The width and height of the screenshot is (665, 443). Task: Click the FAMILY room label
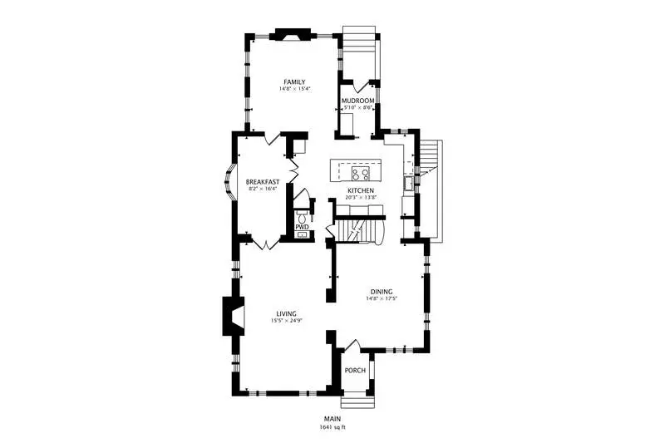point(294,81)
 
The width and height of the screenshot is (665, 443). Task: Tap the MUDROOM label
point(358,101)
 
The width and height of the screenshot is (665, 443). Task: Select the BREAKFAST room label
point(263,182)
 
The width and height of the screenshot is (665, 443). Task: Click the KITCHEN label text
point(361,191)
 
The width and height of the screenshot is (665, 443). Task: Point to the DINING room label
point(382,292)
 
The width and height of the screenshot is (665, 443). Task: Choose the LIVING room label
point(286,313)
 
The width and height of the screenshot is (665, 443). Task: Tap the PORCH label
point(355,371)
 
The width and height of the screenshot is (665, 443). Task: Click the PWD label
point(302,228)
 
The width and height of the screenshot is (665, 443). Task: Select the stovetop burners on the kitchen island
point(361,173)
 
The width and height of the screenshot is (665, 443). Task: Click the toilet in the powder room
point(302,218)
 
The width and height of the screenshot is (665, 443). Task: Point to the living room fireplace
point(234,315)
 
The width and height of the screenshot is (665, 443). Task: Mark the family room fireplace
point(293,34)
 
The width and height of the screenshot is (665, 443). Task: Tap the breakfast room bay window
point(229,182)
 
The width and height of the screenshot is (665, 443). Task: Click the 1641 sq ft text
point(332,427)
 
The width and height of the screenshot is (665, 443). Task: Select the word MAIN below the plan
point(332,419)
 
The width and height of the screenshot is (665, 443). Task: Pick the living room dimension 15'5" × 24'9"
point(286,321)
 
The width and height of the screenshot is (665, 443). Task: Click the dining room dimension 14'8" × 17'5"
point(382,298)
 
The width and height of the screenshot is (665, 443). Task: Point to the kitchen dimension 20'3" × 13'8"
point(361,197)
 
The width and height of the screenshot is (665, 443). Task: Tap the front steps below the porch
point(358,403)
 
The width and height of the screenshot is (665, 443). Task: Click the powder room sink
point(302,234)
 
